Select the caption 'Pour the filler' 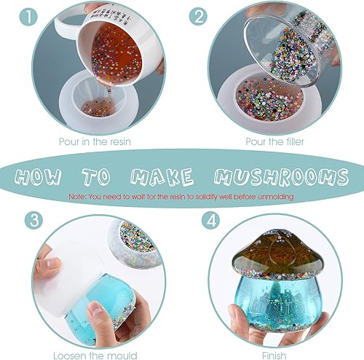point(274,143)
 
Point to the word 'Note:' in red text point(79,197)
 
